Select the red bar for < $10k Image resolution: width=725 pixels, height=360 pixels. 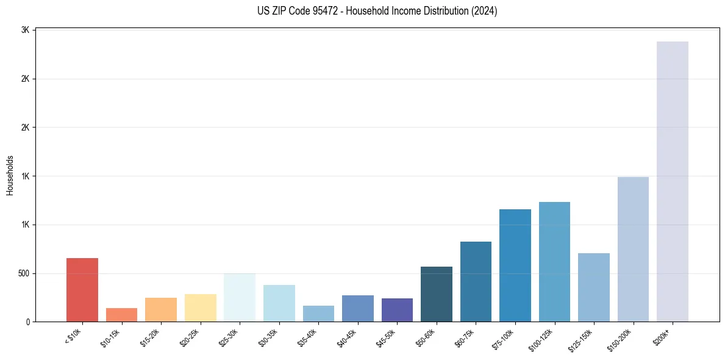click(82, 290)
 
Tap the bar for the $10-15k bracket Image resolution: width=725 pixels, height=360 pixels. click(121, 315)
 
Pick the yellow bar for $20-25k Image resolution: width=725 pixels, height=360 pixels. click(200, 308)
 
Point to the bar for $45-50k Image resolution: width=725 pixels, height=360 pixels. click(397, 310)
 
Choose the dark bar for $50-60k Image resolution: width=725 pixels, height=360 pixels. click(437, 294)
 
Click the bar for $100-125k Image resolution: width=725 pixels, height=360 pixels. click(554, 262)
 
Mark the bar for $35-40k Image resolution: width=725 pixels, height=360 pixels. click(318, 314)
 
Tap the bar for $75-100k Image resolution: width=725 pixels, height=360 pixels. click(515, 265)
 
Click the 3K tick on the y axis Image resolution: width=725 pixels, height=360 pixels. click(26, 30)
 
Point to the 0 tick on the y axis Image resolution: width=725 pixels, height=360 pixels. click(27, 322)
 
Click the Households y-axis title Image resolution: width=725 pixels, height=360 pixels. click(10, 175)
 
